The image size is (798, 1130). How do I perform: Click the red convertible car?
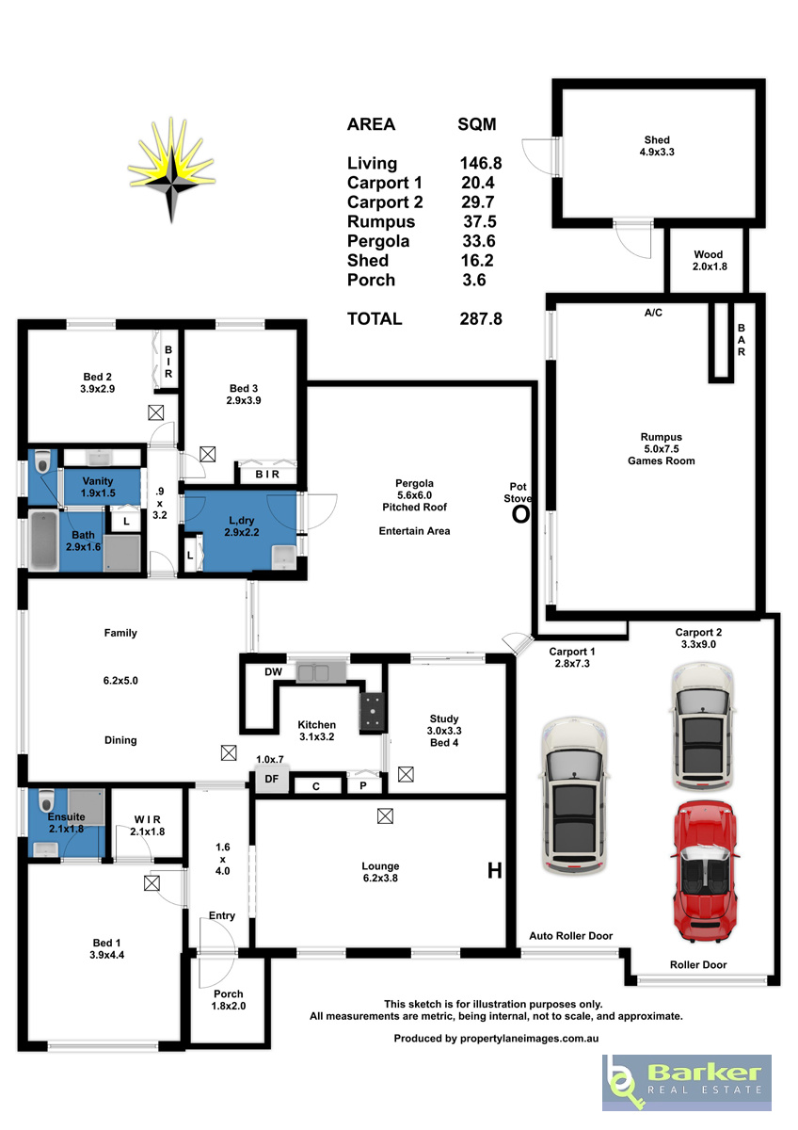click(705, 873)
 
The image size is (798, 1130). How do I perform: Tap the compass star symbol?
click(171, 170)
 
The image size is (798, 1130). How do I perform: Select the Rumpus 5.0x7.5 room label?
click(661, 448)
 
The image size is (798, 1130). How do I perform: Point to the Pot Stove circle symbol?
click(520, 514)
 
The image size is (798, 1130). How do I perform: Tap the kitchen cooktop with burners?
click(373, 711)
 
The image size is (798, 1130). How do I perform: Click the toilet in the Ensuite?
click(46, 800)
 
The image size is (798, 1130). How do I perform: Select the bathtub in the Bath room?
click(43, 541)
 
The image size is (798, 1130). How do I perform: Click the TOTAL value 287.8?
click(481, 319)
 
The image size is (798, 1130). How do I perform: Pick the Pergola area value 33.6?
click(479, 241)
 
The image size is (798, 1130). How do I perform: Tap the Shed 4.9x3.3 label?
click(657, 146)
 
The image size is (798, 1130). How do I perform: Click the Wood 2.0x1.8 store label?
click(710, 260)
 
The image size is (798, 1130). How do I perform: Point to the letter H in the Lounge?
click(495, 870)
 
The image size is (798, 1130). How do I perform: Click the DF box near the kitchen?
click(272, 779)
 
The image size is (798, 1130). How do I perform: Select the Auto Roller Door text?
click(570, 936)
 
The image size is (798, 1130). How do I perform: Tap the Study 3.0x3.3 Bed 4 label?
click(444, 730)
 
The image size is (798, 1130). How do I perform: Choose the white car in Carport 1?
click(574, 795)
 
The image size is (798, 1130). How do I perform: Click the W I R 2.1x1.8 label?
click(147, 825)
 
